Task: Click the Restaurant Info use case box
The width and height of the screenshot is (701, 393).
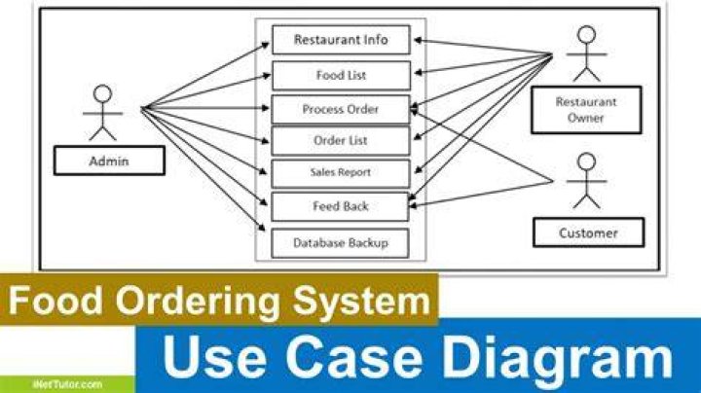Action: [341, 40]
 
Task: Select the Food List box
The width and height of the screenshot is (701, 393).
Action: [341, 76]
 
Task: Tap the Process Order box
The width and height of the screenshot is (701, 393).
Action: [341, 109]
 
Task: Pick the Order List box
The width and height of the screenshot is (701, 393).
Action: [341, 141]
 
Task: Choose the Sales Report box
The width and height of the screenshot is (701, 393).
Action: [341, 173]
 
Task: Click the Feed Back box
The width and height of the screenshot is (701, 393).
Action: [340, 207]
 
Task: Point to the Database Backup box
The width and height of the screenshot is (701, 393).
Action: [340, 243]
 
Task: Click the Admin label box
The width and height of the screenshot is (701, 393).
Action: [109, 161]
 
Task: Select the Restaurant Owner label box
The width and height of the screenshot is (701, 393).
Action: [586, 110]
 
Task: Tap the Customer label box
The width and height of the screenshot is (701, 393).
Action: [588, 232]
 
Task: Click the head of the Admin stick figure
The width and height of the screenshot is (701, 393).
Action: [103, 94]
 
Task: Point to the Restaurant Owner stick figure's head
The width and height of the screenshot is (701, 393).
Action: [586, 35]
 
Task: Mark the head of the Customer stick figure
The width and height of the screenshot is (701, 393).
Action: [586, 162]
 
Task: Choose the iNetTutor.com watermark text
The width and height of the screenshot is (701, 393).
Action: [67, 384]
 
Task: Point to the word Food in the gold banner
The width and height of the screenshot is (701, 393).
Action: [55, 301]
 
